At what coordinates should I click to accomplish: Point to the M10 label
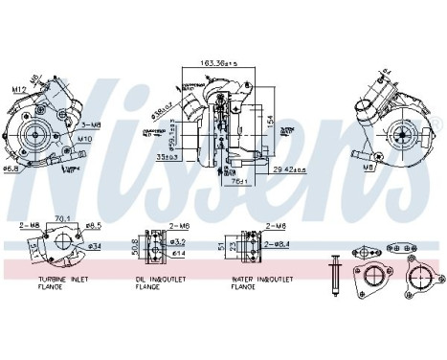tap(85, 138)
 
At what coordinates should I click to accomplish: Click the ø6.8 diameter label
tap(11, 169)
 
